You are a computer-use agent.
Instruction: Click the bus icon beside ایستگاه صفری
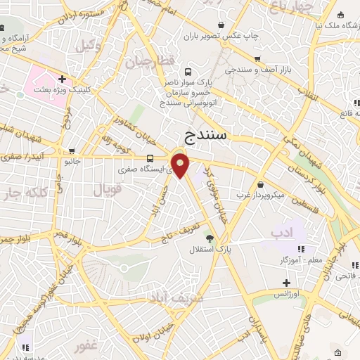point(150,158)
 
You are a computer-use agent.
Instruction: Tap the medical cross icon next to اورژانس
point(286,283)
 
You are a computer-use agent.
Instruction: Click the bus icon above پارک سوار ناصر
point(188,71)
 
